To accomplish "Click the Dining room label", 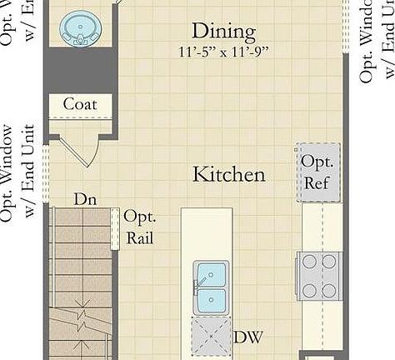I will tap(223, 32).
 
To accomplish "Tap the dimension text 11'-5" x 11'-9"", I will tap(223, 52).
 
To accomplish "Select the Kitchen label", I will tap(229, 174).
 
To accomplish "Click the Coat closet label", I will tap(80, 104).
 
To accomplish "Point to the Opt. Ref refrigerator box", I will tap(318, 172).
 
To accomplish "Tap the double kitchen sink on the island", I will tap(212, 286).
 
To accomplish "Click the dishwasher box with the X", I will tap(212, 337).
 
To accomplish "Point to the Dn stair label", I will tap(84, 199).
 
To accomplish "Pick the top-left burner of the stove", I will tap(309, 262).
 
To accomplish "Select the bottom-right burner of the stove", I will tap(330, 290).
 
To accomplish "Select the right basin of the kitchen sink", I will tap(212, 298).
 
